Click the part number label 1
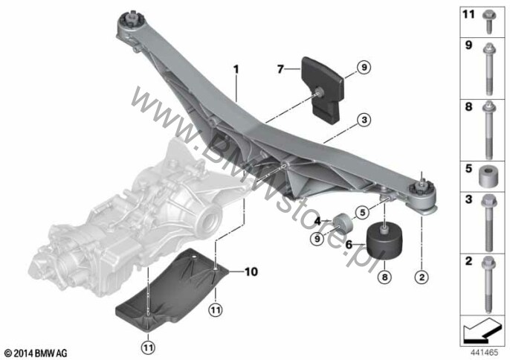[236, 69]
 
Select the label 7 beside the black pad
[280, 69]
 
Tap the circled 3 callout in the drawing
[364, 120]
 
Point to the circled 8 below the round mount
[385, 277]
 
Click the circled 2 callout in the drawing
[422, 277]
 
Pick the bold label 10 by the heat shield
[251, 271]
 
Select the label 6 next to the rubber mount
[349, 244]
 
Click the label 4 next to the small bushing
[317, 222]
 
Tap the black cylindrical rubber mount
[384, 241]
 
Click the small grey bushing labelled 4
[342, 224]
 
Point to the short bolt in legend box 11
[488, 22]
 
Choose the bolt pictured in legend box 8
[489, 129]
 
